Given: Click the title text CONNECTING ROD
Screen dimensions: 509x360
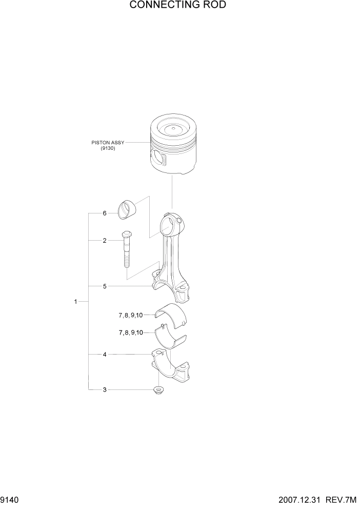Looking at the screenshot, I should tap(177, 5).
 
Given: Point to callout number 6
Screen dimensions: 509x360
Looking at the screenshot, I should tap(104, 213).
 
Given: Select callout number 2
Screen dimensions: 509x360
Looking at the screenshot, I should tap(104, 240).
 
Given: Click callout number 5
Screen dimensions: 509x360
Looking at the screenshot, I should tap(104, 286).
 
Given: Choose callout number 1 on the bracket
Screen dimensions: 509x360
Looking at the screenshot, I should tap(75, 302).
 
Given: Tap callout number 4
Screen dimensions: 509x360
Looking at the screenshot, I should tap(104, 354).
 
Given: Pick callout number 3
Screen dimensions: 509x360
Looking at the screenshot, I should tap(104, 389).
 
